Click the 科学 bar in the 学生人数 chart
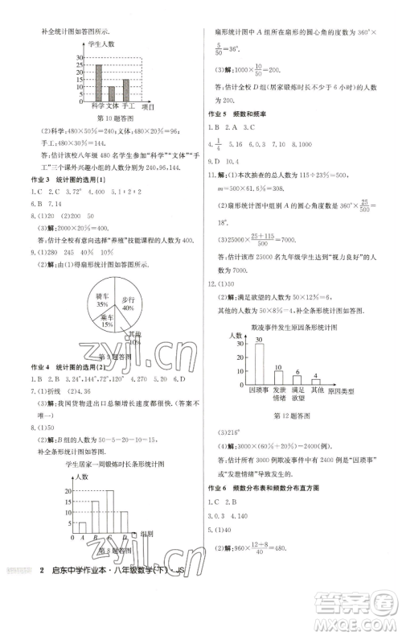[x=98, y=81]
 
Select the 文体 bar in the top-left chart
[x=112, y=93]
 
